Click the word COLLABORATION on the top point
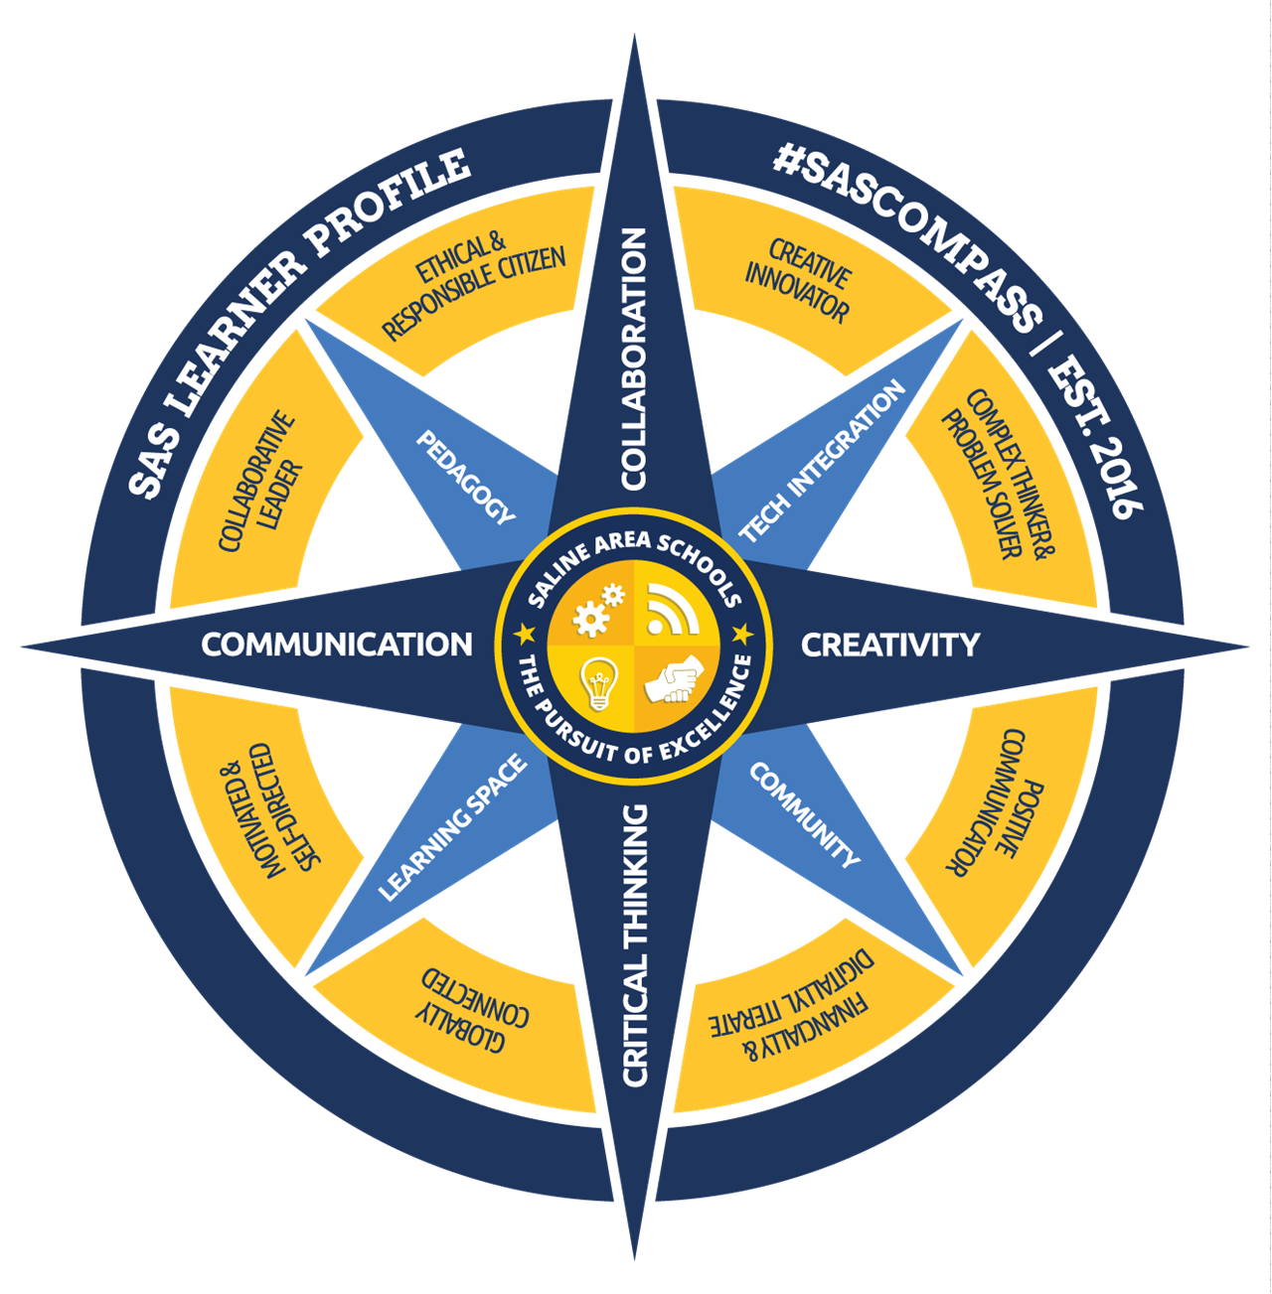pos(634,359)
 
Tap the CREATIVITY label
pos(889,645)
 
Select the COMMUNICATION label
pos(337,645)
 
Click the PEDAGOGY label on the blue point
pos(466,478)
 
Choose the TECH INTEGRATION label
pos(822,461)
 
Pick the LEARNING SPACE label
pos(452,828)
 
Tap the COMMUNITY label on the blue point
pos(804,814)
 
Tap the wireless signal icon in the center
pos(672,609)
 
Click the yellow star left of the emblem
pos(524,633)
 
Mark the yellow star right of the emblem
pos(743,633)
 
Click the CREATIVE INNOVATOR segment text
pos(798,281)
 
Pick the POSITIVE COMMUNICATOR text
pos(987,802)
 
